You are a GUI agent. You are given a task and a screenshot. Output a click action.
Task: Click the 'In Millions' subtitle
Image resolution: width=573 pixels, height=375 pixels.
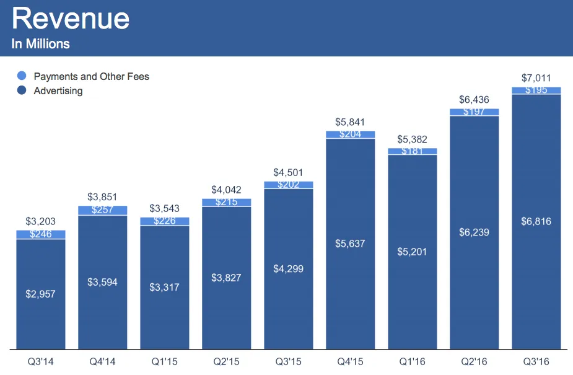(x=40, y=44)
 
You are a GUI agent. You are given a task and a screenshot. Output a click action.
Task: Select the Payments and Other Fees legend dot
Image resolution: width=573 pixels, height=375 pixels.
(x=22, y=76)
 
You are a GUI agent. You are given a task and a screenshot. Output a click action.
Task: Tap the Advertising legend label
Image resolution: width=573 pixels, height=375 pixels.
(x=58, y=90)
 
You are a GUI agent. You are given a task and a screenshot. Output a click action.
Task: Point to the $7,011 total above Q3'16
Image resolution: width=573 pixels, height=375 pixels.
(x=536, y=78)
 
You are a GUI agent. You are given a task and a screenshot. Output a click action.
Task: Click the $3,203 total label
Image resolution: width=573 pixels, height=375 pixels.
(x=40, y=221)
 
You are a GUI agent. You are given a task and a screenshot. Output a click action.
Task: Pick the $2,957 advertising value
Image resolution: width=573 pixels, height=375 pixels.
(x=40, y=294)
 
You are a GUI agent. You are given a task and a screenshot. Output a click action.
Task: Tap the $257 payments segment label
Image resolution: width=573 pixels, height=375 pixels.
(x=102, y=210)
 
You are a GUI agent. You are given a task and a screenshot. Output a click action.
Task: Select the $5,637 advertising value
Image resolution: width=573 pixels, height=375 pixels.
(x=350, y=244)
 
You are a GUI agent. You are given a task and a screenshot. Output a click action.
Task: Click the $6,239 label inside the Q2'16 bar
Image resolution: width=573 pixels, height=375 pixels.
(x=474, y=232)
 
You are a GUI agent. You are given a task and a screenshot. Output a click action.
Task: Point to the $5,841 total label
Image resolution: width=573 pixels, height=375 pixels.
(x=350, y=122)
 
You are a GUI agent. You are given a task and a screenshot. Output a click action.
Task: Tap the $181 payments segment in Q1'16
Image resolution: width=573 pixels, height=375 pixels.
(x=412, y=151)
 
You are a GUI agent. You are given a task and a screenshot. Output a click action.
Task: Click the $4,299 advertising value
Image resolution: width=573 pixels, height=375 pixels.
(x=288, y=269)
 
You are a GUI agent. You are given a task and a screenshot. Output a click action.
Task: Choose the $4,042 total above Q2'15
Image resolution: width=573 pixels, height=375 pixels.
(x=226, y=190)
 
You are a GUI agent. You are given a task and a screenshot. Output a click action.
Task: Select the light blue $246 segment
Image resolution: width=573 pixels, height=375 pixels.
(x=40, y=234)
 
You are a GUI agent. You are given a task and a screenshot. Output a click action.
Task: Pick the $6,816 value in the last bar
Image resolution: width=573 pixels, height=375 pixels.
(x=536, y=221)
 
